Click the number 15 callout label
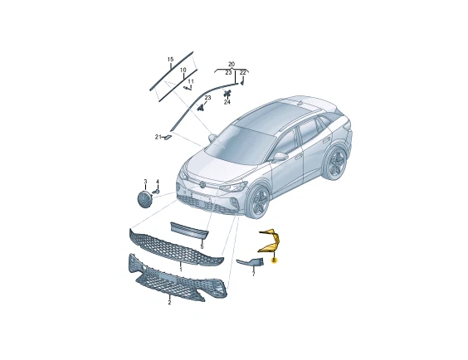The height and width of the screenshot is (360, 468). (x=170, y=60)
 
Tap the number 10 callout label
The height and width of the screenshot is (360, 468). (x=183, y=70)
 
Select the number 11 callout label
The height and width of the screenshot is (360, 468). (x=191, y=81)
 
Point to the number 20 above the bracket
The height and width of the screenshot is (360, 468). (x=232, y=64)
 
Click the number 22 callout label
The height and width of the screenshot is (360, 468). (x=242, y=72)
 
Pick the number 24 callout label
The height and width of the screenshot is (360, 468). (x=227, y=102)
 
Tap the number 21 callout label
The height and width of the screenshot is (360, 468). (x=158, y=137)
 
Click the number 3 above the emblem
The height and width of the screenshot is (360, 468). (x=145, y=182)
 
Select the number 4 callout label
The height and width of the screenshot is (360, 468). (x=158, y=182)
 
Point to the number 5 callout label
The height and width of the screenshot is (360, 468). (x=202, y=246)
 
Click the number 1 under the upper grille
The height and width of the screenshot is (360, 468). (x=181, y=270)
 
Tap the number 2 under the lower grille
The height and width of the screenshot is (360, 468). (x=169, y=303)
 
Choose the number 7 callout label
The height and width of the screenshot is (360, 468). (x=253, y=274)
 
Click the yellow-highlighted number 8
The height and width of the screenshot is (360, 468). (x=275, y=260)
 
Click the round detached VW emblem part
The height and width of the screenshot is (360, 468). (x=144, y=200)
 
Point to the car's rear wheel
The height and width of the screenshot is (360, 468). (x=337, y=163)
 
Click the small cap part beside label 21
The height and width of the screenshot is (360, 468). (x=168, y=137)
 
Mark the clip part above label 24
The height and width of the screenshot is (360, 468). (x=227, y=93)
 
